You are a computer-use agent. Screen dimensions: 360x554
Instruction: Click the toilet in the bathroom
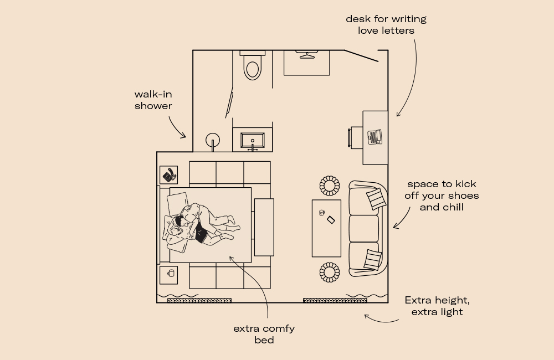253,66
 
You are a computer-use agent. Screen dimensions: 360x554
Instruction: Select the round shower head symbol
213,140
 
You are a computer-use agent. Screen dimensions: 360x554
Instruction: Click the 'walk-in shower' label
153,100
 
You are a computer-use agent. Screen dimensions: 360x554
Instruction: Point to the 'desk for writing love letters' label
386,25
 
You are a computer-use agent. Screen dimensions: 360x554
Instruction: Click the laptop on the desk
375,136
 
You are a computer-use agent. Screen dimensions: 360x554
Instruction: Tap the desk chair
355,137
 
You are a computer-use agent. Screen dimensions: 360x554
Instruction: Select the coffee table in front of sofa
326,228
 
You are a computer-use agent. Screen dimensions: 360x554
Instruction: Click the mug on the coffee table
321,212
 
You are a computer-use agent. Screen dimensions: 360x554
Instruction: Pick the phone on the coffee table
331,219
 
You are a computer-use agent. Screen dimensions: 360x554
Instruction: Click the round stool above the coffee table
329,186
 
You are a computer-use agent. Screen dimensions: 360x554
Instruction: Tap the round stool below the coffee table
329,271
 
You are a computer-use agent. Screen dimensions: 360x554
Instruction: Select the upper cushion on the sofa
375,198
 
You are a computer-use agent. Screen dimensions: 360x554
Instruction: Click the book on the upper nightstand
169,175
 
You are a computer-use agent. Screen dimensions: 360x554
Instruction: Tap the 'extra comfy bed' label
264,334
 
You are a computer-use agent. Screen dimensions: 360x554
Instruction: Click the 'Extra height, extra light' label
437,306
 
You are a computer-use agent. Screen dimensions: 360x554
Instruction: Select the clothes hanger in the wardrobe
306,54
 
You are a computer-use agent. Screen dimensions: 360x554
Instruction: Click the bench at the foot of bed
264,227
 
